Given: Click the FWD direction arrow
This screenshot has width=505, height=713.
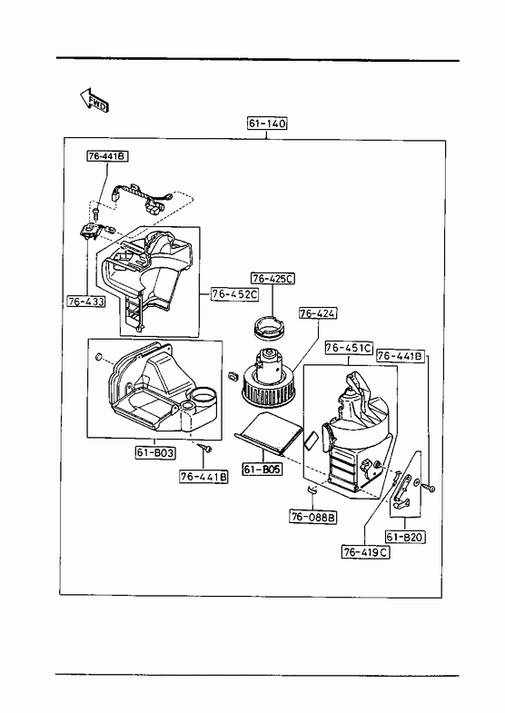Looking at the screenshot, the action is click(x=94, y=100).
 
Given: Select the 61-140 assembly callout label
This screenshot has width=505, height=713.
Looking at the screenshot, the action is click(x=267, y=124).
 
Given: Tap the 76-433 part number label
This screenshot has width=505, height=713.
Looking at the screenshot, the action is click(x=86, y=301).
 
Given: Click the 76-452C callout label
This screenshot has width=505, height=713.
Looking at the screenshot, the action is click(x=234, y=294).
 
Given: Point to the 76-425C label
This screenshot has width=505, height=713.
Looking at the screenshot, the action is click(x=272, y=278).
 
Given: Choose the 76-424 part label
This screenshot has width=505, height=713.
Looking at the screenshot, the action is click(x=318, y=312).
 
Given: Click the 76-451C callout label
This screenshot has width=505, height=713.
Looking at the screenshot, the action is click(x=349, y=348).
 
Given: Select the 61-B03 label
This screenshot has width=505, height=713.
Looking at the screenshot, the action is click(x=155, y=452).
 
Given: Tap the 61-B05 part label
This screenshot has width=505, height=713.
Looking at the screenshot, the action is click(x=262, y=469).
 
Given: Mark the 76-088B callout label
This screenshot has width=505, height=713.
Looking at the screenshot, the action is click(x=313, y=517).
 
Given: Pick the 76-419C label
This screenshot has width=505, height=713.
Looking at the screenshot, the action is click(x=366, y=552).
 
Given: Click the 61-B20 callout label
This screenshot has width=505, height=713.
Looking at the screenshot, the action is click(x=405, y=537).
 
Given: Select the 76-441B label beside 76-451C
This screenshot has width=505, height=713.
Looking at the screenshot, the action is click(x=401, y=356).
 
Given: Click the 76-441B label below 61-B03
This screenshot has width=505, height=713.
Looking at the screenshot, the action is click(x=203, y=477).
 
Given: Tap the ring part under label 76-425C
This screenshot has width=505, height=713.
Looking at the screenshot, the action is click(x=268, y=327).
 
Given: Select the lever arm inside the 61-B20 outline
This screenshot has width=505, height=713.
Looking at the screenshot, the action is click(x=401, y=491).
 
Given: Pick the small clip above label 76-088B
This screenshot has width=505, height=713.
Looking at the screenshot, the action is click(x=312, y=490).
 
